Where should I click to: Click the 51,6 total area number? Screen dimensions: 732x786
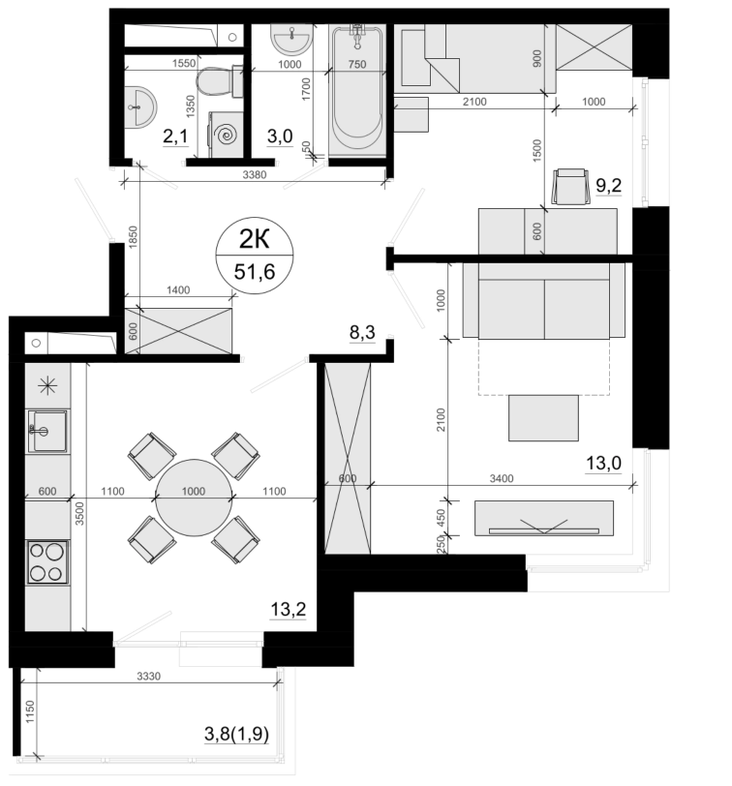tap(255, 272)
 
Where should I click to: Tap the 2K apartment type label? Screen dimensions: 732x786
tap(255, 240)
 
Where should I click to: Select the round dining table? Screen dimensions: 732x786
tap(194, 498)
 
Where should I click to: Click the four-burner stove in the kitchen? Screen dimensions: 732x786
tap(47, 562)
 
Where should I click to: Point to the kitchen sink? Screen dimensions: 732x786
tap(47, 431)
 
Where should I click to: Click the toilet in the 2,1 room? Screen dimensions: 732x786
tap(219, 81)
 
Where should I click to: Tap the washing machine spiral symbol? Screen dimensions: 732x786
tap(225, 135)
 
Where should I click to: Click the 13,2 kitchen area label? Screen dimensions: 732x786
tap(288, 610)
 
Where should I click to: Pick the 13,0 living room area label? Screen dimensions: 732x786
tap(603, 463)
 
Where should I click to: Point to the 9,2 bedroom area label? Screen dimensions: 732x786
tap(608, 186)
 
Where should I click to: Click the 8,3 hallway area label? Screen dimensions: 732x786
tap(362, 332)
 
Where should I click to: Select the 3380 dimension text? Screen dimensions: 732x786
tap(255, 175)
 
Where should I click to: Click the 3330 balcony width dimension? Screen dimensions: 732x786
tap(148, 677)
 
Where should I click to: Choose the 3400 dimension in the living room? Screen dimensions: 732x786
tap(502, 479)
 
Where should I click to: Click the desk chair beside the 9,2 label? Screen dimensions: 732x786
tap(570, 187)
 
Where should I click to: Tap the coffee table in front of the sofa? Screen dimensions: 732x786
tap(543, 418)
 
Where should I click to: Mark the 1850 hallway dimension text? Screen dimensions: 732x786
tap(133, 237)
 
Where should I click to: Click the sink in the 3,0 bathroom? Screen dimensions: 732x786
tap(291, 39)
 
